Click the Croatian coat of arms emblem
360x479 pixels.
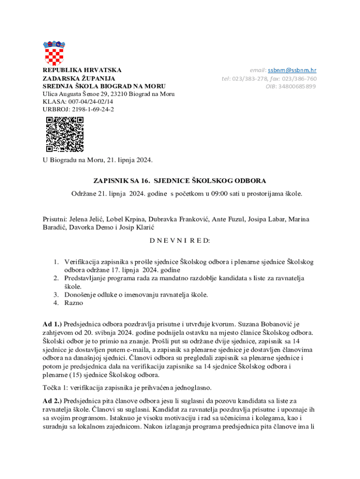tap(54, 53)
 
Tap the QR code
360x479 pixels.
tap(65, 134)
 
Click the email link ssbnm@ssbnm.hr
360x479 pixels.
tap(292, 70)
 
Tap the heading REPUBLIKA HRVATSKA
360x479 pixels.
tap(82, 70)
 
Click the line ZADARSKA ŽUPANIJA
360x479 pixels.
tap(79, 79)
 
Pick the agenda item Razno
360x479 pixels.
tap(74, 303)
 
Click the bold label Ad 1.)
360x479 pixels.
tap(52, 324)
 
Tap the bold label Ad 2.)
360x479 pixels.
tap(52, 401)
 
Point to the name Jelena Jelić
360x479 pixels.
tap(86, 219)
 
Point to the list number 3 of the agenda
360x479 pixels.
tap(55, 295)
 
